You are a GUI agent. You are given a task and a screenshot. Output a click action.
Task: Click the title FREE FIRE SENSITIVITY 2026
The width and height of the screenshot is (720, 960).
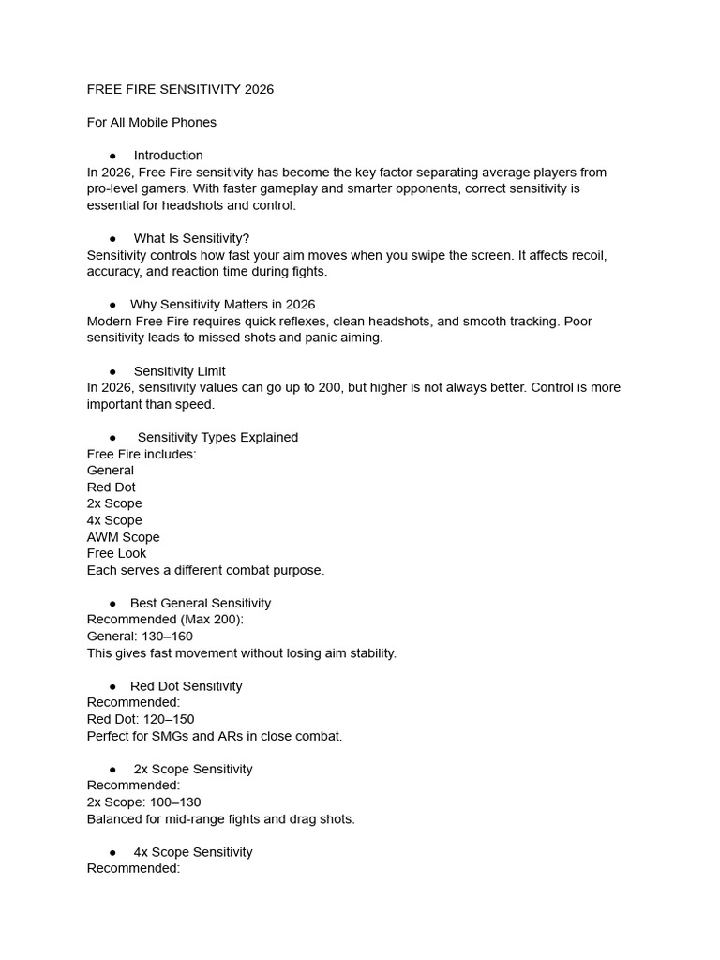tap(180, 89)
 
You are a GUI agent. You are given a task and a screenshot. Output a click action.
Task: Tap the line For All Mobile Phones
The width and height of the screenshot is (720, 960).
tap(152, 122)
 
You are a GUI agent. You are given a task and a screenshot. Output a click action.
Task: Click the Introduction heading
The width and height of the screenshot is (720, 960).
tap(168, 156)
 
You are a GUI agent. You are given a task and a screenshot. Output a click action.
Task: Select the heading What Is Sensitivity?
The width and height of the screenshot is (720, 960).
tap(191, 238)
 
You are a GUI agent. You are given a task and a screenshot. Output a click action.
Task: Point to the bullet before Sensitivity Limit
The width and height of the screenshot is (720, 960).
tap(112, 371)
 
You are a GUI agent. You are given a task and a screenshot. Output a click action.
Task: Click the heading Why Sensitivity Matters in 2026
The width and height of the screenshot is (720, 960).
tap(222, 305)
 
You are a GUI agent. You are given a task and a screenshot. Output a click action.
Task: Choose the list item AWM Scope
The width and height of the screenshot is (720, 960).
tap(123, 537)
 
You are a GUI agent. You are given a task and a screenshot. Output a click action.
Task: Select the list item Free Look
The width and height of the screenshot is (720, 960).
tap(116, 553)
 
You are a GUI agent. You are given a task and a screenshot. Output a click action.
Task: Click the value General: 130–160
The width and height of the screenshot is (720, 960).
tap(140, 637)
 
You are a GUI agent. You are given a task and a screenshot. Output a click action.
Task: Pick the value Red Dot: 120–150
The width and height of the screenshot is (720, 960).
tap(141, 719)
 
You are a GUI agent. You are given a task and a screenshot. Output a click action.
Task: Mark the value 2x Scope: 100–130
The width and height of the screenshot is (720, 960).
tap(143, 802)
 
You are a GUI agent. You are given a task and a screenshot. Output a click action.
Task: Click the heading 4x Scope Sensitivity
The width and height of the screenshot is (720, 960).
tap(192, 852)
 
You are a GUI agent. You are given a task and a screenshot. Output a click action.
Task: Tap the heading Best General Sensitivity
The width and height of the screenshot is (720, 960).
tap(200, 603)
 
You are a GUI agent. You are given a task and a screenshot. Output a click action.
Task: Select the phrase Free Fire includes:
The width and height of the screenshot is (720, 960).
tap(142, 454)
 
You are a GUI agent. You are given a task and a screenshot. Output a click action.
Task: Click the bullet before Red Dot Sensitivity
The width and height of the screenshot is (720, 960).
tap(112, 686)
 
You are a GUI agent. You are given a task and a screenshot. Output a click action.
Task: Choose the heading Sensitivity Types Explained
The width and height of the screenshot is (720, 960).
tap(217, 438)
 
